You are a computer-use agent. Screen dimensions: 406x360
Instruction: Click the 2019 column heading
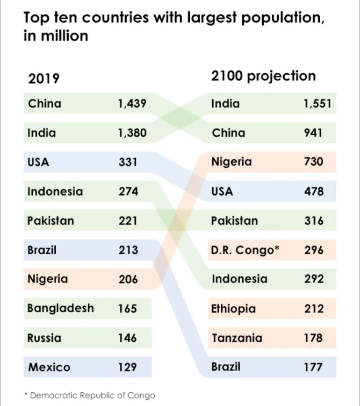point(44,78)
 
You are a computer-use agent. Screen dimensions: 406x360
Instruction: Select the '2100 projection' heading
point(263,76)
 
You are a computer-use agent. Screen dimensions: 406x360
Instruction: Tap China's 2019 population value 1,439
point(132,103)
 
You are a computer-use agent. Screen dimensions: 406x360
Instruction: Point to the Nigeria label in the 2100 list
point(231,162)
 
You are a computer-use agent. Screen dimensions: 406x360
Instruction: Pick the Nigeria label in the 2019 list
point(48,279)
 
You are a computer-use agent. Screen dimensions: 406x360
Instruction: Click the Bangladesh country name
point(60,308)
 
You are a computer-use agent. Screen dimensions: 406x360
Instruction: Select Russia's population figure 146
point(128,338)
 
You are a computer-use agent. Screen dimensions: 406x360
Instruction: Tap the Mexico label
point(49,367)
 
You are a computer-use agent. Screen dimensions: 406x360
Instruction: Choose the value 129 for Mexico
point(128,367)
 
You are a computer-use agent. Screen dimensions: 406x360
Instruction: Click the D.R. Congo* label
point(245,250)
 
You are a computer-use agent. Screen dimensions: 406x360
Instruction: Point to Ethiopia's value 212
point(313,309)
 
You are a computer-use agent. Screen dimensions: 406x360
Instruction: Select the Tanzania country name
point(237,338)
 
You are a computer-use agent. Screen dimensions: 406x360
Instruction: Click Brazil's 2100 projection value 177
point(313,367)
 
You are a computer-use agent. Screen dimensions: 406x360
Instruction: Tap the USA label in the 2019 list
point(38,162)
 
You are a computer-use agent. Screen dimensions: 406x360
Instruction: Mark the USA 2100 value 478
point(313,192)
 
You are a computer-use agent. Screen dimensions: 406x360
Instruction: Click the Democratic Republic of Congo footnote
point(89,395)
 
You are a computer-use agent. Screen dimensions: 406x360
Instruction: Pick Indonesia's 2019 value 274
point(128,192)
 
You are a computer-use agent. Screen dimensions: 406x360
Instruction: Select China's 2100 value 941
point(313,133)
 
